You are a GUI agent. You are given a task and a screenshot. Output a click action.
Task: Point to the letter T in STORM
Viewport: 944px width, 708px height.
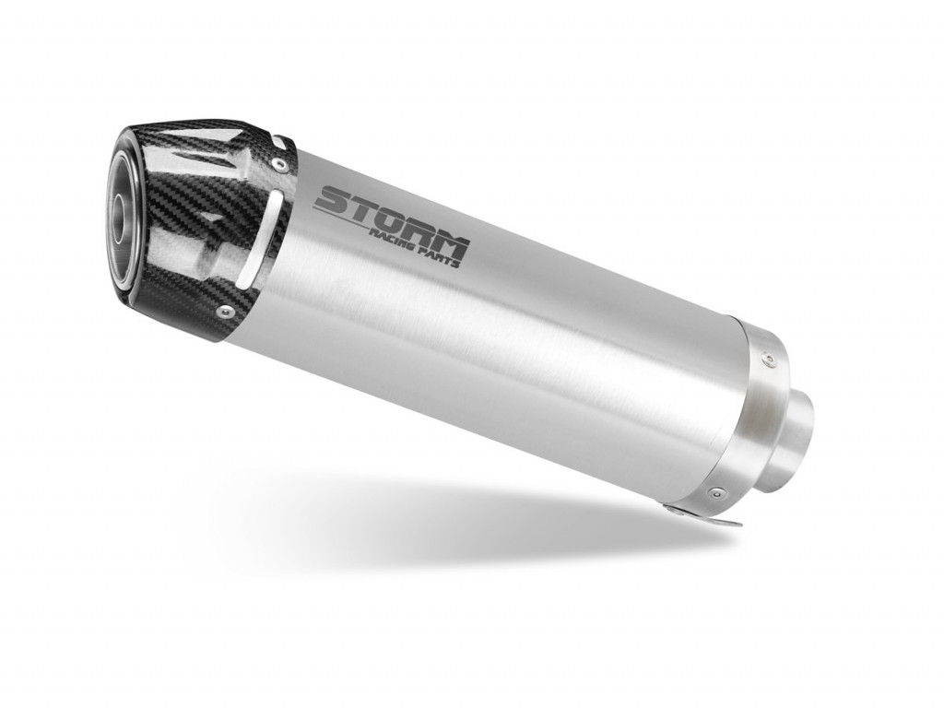[x=360, y=206]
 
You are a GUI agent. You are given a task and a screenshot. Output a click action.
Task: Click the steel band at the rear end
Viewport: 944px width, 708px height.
[x=751, y=415]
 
